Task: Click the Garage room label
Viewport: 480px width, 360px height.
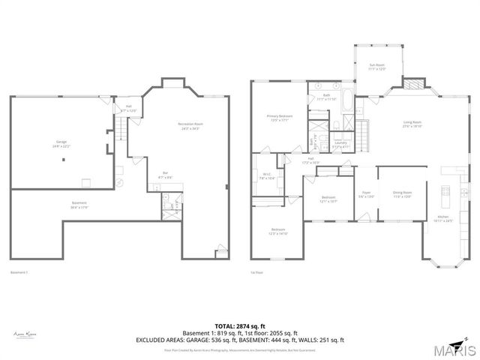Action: tap(61, 144)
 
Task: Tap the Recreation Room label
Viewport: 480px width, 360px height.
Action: tap(190, 125)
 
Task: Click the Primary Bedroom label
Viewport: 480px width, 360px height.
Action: tap(280, 117)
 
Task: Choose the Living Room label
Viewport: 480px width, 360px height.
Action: tap(412, 124)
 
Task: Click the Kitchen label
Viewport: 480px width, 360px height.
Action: tap(445, 220)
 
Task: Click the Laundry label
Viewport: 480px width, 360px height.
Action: tap(340, 144)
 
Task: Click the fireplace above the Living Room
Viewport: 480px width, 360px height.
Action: tap(413, 82)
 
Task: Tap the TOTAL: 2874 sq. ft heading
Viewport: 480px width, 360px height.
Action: tap(240, 325)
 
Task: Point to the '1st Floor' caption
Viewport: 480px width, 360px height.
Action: tap(256, 271)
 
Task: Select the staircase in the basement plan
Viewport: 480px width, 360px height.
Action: tap(118, 133)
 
